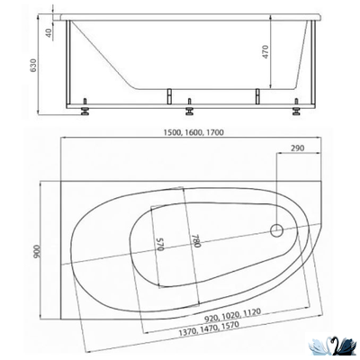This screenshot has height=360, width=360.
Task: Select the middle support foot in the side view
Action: click(189, 113)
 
